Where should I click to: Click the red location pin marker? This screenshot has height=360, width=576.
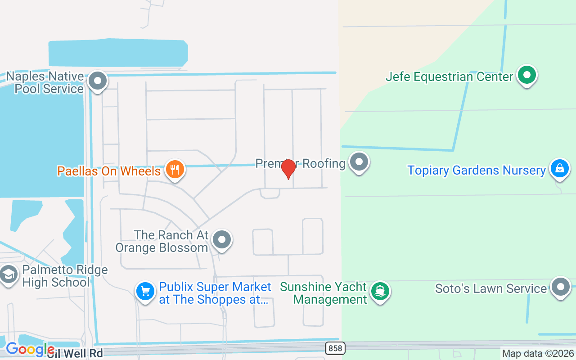click(288, 169)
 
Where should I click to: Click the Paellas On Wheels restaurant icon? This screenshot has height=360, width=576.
click(175, 170)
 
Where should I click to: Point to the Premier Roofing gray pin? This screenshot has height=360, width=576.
click(359, 162)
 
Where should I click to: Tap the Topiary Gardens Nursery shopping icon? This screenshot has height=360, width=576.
click(559, 169)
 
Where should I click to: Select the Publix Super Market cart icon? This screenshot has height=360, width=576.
click(145, 292)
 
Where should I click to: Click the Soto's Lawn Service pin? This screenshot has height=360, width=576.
click(560, 287)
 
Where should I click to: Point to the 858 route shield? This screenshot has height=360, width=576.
click(334, 347)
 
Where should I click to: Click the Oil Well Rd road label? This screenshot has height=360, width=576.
click(75, 353)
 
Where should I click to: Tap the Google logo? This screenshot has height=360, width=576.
click(30, 349)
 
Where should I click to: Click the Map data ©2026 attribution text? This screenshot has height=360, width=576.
click(538, 354)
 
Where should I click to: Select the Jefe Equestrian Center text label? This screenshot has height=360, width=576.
click(449, 76)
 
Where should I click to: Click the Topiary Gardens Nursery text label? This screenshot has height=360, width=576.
click(476, 171)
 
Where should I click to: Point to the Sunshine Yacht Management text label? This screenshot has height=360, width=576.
click(324, 293)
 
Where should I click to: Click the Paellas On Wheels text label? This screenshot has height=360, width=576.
click(109, 171)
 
